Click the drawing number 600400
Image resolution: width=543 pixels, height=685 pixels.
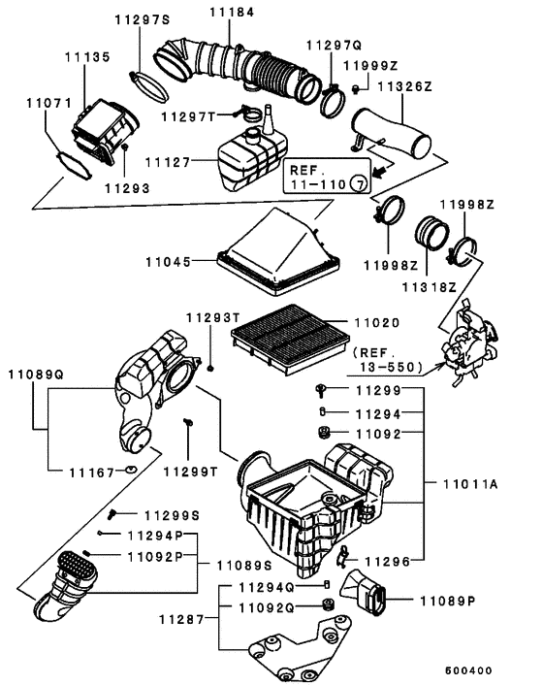[468, 669]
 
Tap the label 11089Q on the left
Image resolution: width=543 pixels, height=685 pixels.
[36, 373]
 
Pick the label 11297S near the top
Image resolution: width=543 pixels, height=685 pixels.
[142, 19]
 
